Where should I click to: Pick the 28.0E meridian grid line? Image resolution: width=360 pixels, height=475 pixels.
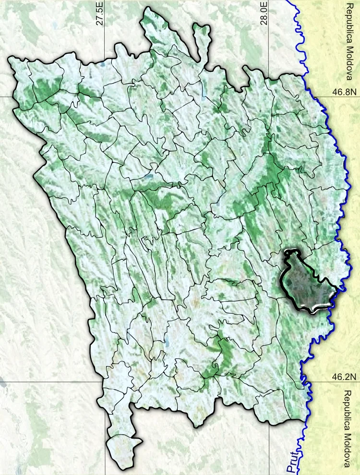click(268, 432)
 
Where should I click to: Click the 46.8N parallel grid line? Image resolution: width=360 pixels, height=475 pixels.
click(5, 95)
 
